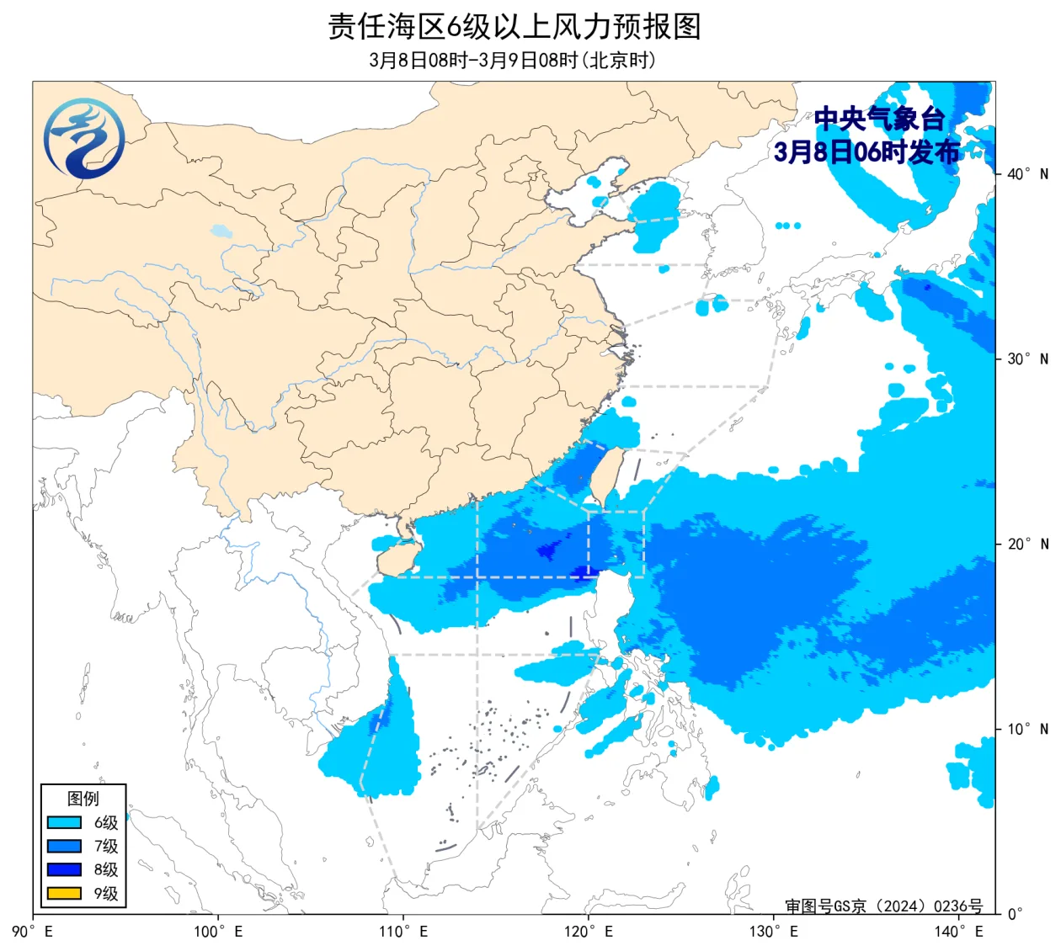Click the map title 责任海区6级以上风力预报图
[514, 27]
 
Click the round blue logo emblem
[84, 139]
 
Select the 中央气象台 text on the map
[879, 119]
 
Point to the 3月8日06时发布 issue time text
[866, 151]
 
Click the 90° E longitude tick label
[34, 932]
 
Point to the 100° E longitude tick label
[218, 932]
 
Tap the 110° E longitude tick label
[403, 932]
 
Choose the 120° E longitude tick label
[589, 932]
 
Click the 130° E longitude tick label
[774, 932]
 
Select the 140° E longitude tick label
[959, 932]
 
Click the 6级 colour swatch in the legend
[64, 823]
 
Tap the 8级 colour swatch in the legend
[64, 870]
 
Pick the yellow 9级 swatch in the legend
[64, 894]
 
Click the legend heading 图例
[83, 799]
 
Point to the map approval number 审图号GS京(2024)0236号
[883, 906]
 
